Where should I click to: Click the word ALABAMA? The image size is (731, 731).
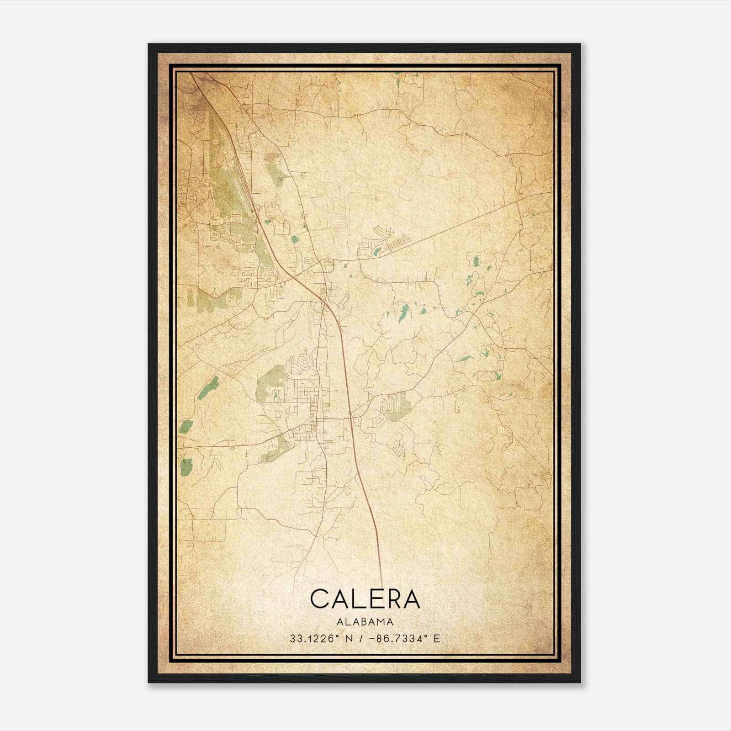[365, 621]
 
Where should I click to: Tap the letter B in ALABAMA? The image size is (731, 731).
[365, 621]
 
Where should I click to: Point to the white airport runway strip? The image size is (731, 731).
[240, 192]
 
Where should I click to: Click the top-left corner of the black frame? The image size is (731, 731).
[149, 44]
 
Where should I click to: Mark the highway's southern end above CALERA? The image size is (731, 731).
[381, 583]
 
